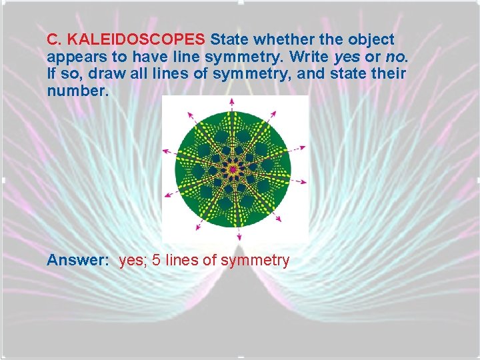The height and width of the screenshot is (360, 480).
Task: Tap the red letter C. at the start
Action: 54,39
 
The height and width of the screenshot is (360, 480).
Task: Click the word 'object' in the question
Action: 371,39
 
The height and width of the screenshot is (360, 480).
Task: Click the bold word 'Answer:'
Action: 77,261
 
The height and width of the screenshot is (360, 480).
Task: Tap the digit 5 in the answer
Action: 156,261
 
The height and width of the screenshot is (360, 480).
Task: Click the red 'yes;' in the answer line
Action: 133,261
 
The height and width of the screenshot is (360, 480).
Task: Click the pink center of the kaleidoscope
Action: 233,170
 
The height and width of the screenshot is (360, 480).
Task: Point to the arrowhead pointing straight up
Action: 232,101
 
